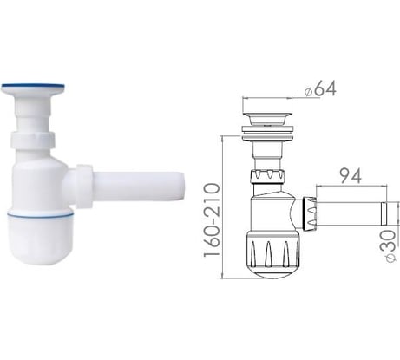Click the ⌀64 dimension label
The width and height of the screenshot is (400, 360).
click(x=320, y=89)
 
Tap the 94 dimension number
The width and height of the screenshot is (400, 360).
click(x=351, y=176)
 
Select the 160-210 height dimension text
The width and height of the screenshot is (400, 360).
click(x=212, y=219)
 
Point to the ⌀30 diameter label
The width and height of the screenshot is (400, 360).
click(x=391, y=245)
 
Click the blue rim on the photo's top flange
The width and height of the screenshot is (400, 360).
click(x=33, y=87)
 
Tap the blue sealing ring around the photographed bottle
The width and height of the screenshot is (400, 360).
click(x=41, y=215)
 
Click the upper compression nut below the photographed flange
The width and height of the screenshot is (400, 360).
click(x=33, y=140)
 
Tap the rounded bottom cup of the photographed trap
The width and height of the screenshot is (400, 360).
click(x=41, y=240)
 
